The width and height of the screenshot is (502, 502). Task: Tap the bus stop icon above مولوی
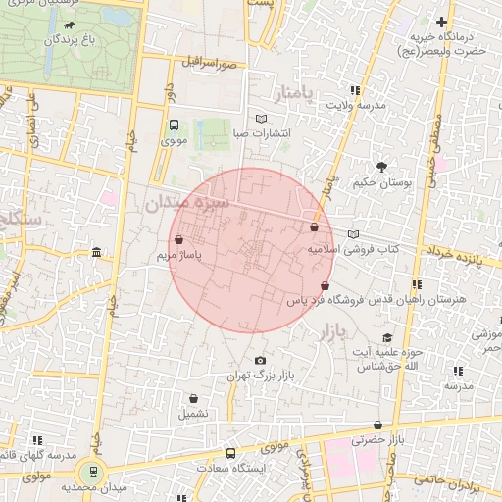coord(174,125)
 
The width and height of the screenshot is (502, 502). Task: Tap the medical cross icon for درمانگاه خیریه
coord(442,22)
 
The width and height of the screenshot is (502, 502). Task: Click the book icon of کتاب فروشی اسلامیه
coord(353,234)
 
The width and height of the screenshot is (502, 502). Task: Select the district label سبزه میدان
coord(185,204)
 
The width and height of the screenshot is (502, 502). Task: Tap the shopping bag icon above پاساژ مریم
coord(177,239)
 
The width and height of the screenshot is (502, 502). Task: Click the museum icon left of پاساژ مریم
coord(95,253)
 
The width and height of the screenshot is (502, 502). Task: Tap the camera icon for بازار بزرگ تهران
coord(259,360)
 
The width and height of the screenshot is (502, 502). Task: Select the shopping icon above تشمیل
coord(193,398)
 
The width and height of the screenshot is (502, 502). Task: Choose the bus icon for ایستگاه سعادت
coord(230,454)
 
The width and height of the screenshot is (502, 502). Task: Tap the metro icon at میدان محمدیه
coord(94,472)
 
